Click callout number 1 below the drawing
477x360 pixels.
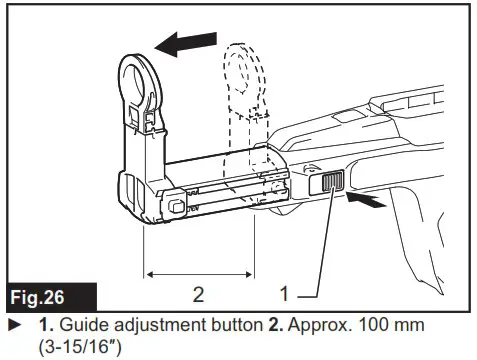point(286,295)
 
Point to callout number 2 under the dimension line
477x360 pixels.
point(198,294)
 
